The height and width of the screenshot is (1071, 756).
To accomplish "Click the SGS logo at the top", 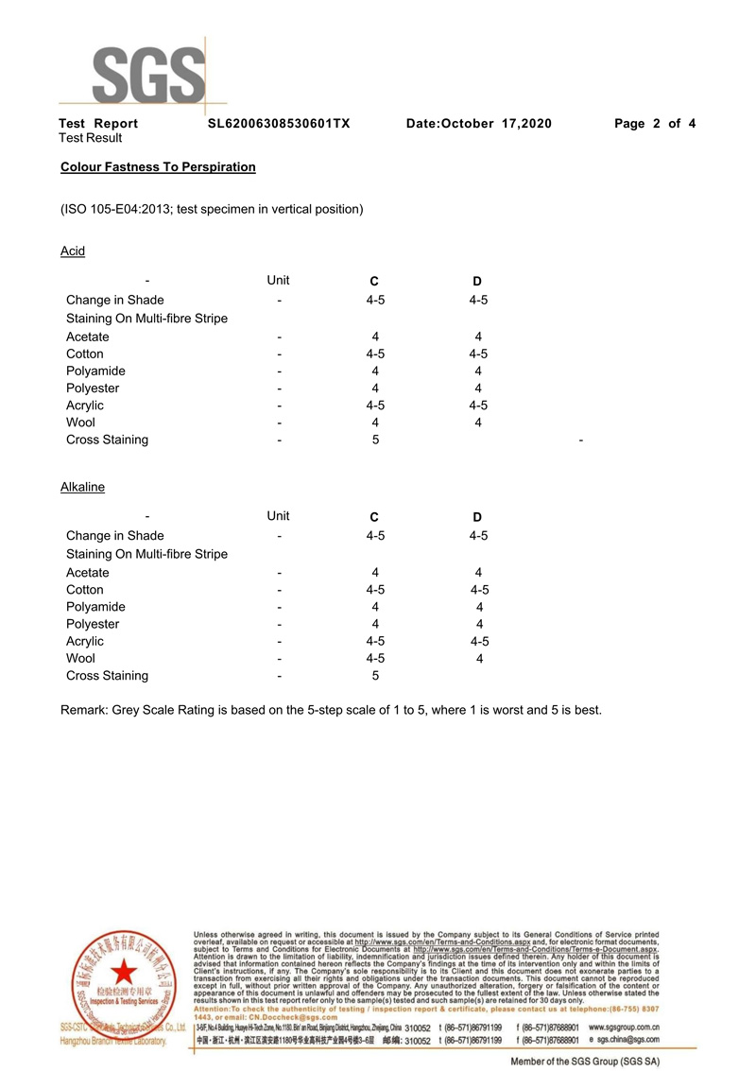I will point(149,71).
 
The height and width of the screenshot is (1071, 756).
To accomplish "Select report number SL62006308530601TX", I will point(279,124).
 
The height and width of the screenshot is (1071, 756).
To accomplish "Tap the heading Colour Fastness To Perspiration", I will point(158,167).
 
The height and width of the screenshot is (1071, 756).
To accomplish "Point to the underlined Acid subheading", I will point(73,251).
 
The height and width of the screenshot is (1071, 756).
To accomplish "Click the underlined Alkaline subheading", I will point(82,488).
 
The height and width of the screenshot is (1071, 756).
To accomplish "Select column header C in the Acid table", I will point(374,282).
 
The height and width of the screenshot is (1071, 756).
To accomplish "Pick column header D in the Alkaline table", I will point(477,518).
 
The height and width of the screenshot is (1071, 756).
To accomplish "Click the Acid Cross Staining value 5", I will point(375,440).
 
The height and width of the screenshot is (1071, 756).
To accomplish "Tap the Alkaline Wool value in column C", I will point(375,659).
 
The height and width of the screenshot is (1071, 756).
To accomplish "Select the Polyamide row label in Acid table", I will point(95,371).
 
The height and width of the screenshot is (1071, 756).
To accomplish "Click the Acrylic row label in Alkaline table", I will point(85,642).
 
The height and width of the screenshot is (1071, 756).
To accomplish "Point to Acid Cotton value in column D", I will point(478,354).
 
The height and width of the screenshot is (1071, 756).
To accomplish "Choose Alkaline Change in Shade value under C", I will point(375,536).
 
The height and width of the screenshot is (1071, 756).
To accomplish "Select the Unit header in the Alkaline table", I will point(278,516).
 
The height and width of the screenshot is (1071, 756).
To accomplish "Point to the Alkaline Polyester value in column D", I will point(479,624).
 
